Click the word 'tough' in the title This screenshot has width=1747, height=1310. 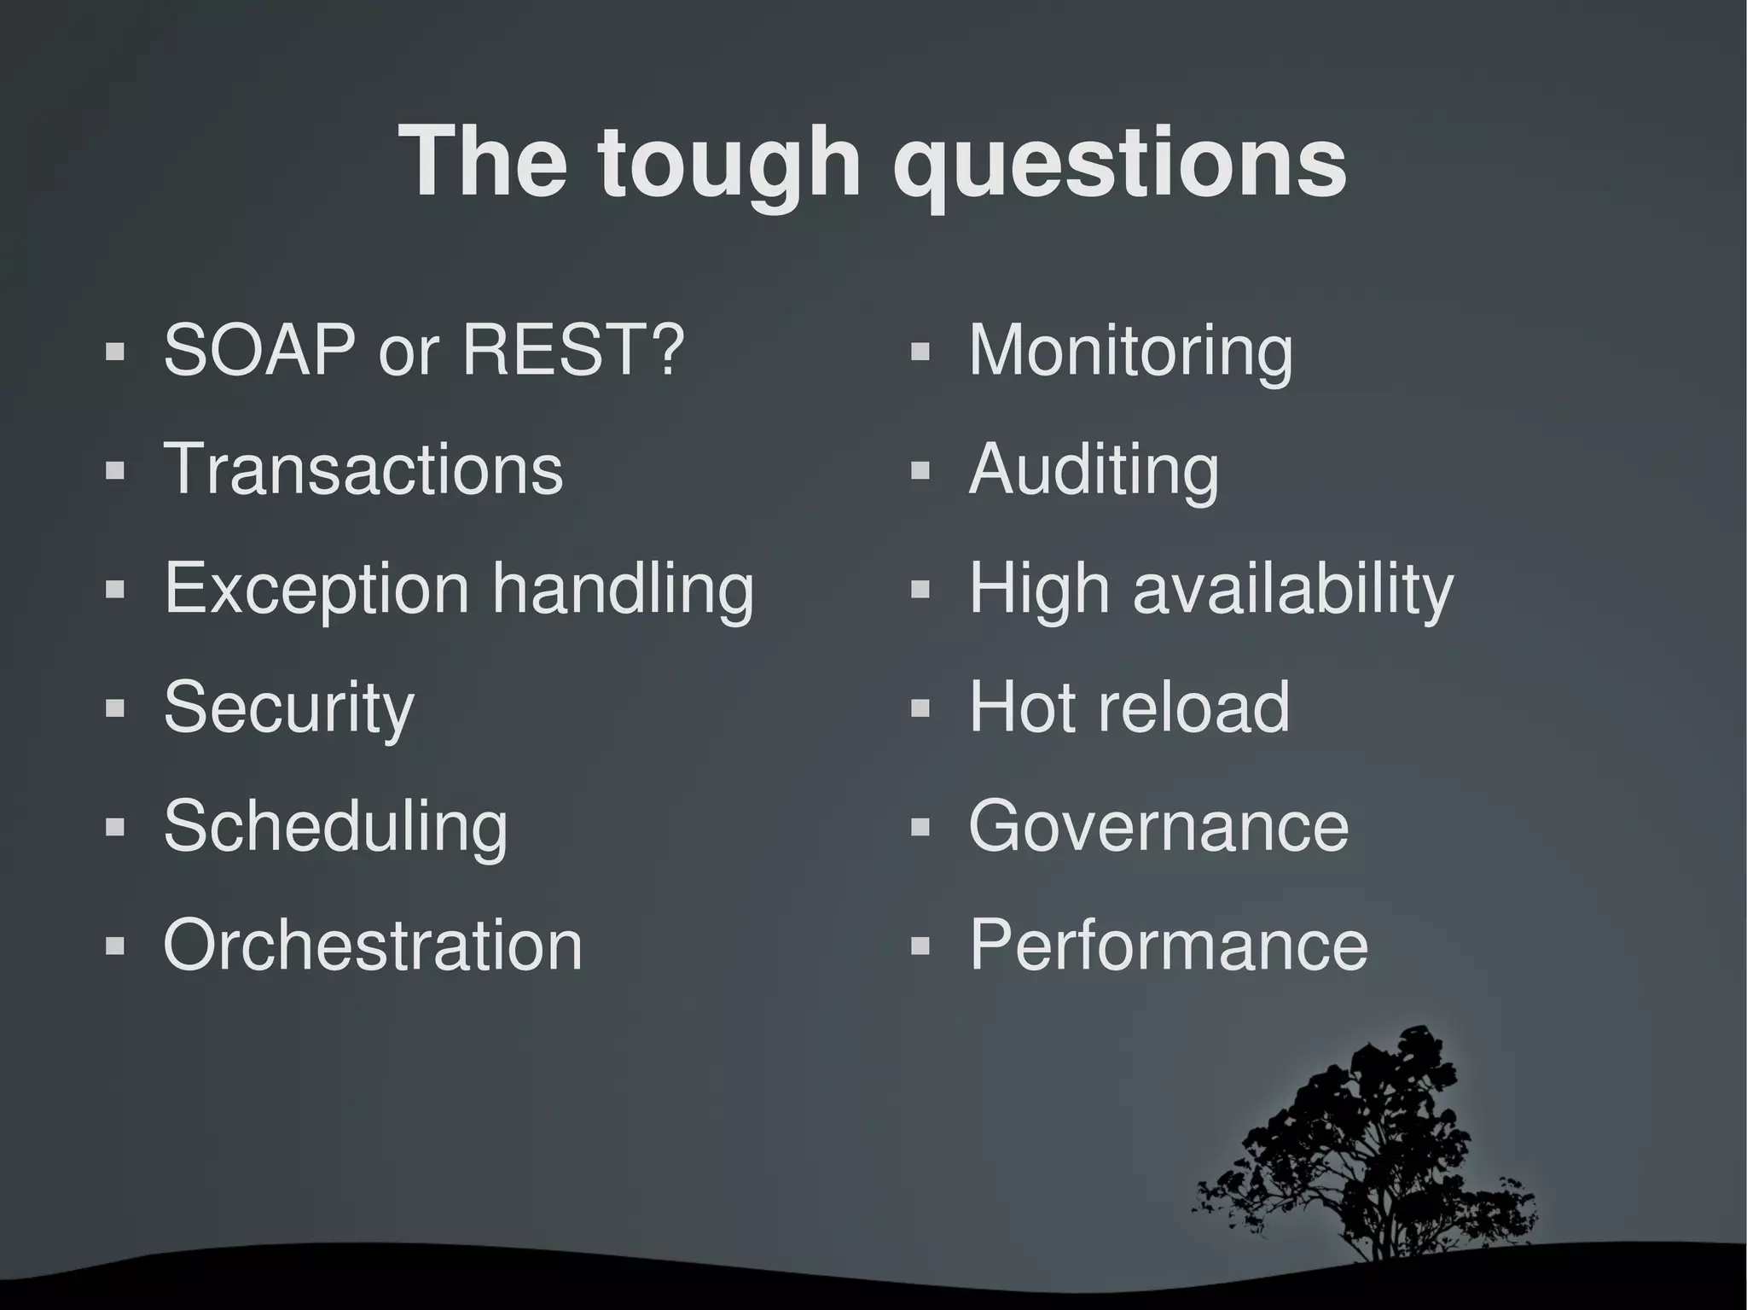tap(729, 162)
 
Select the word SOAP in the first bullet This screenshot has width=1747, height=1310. tap(259, 349)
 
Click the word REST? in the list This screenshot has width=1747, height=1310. tap(572, 349)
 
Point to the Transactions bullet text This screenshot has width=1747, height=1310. tap(363, 469)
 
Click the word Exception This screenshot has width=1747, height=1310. tap(316, 589)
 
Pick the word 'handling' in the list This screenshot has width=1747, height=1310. tap(624, 589)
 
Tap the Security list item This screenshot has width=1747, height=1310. tap(288, 707)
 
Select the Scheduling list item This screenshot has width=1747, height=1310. tap(335, 826)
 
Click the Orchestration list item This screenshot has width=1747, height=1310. tap(373, 945)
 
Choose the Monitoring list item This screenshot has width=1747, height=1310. tap(1130, 349)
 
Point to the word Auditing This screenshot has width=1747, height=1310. tap(1094, 469)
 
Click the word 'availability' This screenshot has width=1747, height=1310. tap(1292, 589)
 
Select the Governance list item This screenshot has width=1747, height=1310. tap(1158, 826)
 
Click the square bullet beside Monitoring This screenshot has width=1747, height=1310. tap(920, 352)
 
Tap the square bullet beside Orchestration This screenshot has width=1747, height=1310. tap(114, 946)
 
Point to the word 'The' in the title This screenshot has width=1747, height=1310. tap(483, 162)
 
